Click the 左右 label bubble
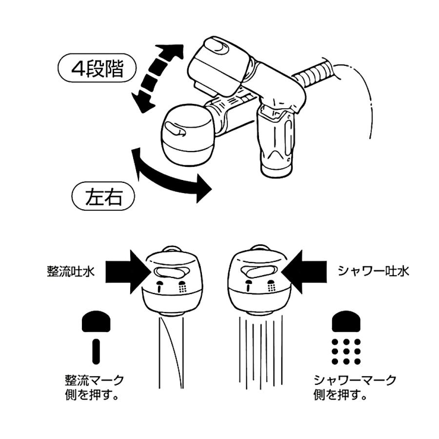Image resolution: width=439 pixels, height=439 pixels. pyautogui.click(x=103, y=197)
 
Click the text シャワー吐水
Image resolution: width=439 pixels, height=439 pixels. pyautogui.click(x=373, y=271)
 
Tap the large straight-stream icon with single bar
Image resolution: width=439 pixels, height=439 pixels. pyautogui.click(x=96, y=337)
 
